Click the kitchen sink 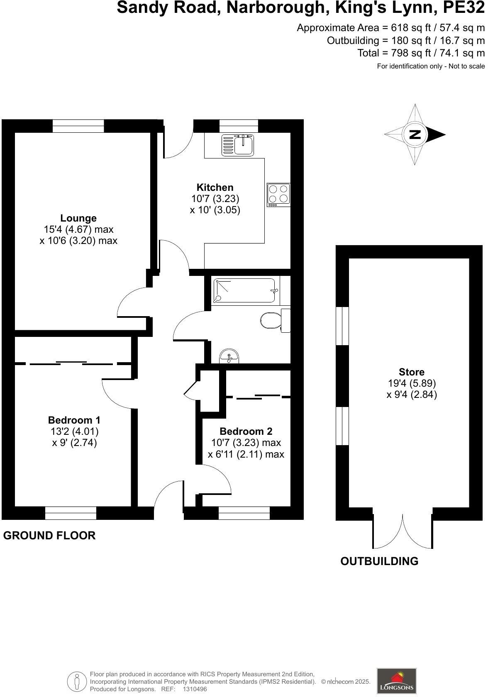coord(238,145)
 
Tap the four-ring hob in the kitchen coord(278,195)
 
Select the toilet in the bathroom coord(271,320)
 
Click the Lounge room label coord(78,218)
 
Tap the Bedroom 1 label coord(74,420)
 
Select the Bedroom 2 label coord(246,431)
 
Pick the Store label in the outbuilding coord(412,372)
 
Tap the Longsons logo coord(396,681)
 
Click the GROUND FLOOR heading coord(49,536)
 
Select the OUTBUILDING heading coord(379,561)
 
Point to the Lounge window coord(78,126)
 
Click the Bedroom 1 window coord(71,513)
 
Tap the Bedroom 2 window coord(244,513)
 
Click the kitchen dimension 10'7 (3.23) coord(215,199)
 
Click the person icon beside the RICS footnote coord(77,681)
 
